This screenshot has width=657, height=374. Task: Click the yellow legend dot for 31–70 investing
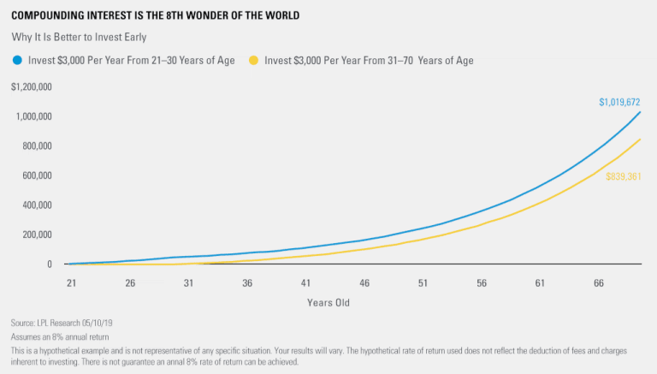253,60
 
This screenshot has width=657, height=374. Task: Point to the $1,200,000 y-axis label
33,87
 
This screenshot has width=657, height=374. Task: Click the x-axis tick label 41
305,282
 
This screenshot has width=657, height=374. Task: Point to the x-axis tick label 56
481,282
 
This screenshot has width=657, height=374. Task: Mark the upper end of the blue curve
640,112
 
